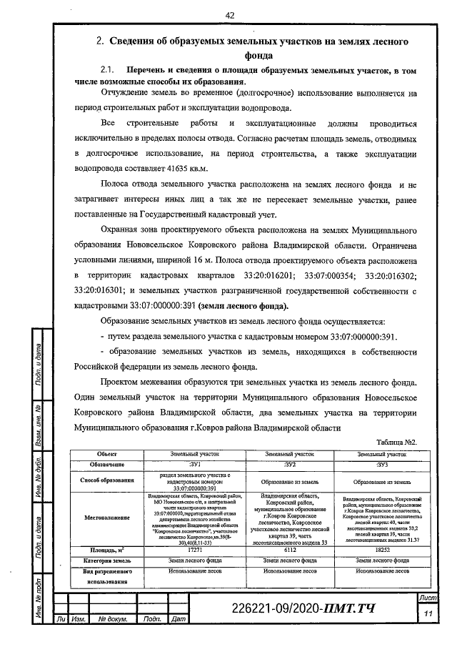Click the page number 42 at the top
tap(229, 15)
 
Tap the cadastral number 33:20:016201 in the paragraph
tap(249, 275)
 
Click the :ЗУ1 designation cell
tap(194, 465)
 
